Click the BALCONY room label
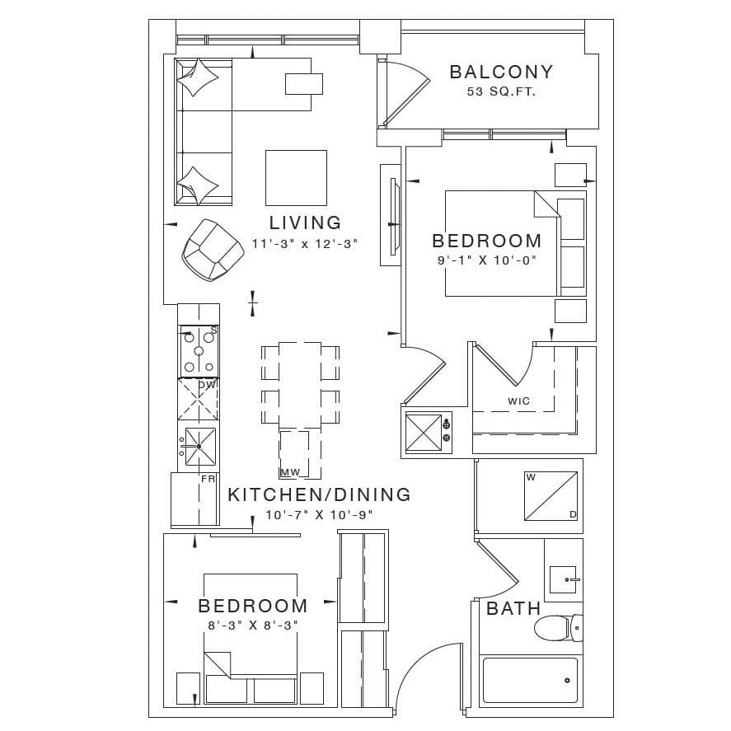click(501, 72)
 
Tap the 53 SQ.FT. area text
click(501, 91)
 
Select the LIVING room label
click(306, 223)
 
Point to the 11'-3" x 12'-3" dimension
click(305, 243)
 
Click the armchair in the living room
click(213, 250)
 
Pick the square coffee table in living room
click(296, 178)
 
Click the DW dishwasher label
click(208, 385)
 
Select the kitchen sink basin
click(200, 447)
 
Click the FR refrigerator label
click(208, 479)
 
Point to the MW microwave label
click(290, 473)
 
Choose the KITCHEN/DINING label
click(319, 494)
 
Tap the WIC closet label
click(519, 401)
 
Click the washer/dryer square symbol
click(551, 496)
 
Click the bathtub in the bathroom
click(530, 680)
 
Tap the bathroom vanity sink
click(563, 579)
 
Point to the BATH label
click(513, 608)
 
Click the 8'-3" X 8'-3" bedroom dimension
click(253, 626)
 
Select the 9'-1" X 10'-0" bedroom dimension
click(487, 260)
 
